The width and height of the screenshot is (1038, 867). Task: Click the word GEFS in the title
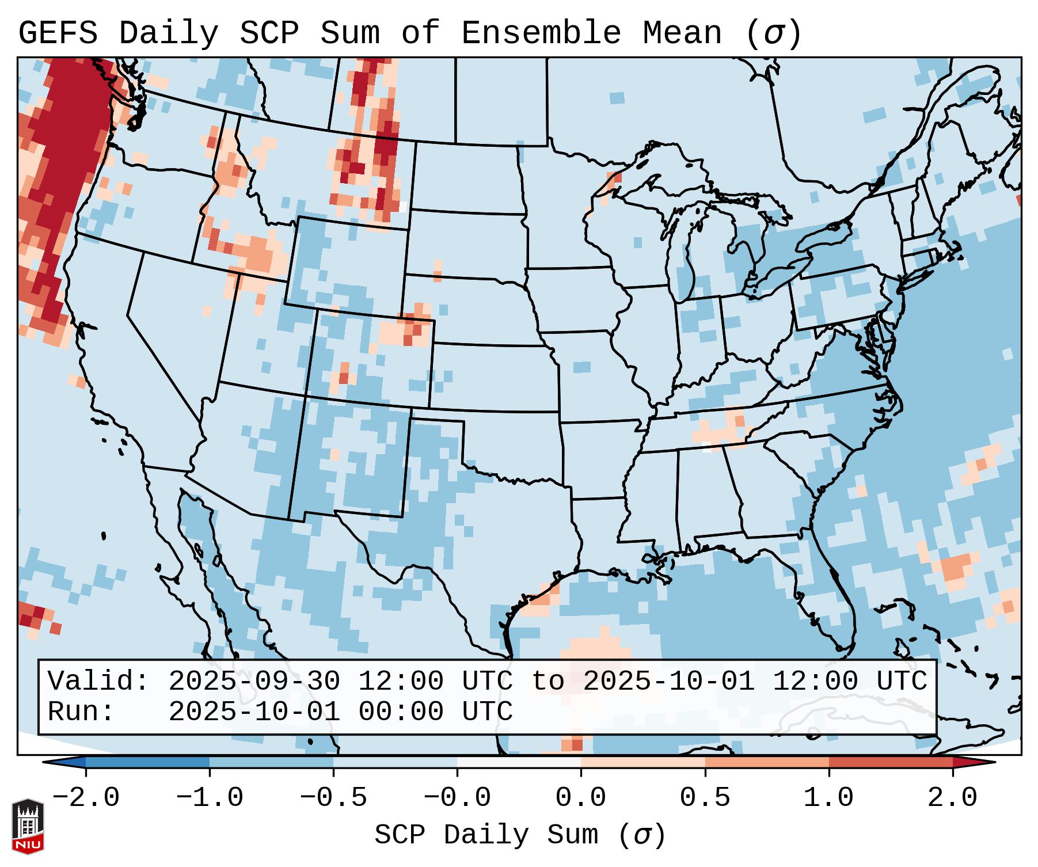click(x=58, y=33)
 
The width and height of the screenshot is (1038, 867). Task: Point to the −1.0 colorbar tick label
click(x=209, y=798)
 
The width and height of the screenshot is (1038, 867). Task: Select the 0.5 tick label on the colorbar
click(x=705, y=798)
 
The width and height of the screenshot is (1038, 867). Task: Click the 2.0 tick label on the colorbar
click(x=952, y=798)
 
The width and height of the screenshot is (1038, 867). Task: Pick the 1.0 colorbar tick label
click(x=828, y=798)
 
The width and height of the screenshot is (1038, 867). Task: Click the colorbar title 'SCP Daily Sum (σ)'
click(x=520, y=835)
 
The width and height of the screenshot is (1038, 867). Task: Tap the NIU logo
click(x=28, y=826)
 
